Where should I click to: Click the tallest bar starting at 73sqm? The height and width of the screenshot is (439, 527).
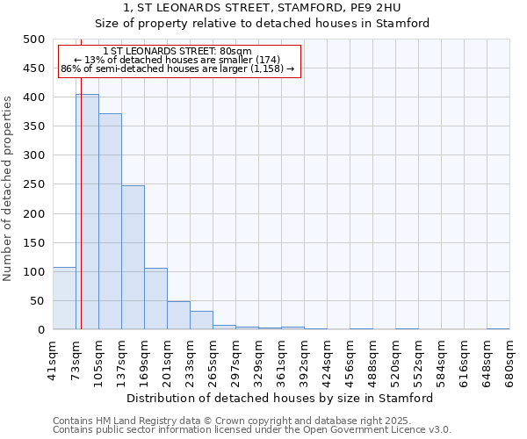(x=87, y=212)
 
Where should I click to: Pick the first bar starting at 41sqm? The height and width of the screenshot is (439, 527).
(x=64, y=299)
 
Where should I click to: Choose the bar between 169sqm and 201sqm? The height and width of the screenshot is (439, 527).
(x=155, y=299)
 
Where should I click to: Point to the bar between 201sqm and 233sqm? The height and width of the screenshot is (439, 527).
(x=178, y=315)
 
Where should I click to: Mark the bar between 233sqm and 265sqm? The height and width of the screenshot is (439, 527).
(x=201, y=320)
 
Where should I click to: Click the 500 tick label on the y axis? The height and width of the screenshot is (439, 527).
(x=34, y=40)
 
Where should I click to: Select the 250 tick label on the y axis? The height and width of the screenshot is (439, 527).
(x=34, y=184)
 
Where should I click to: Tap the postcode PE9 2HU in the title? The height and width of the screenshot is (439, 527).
(x=376, y=8)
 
